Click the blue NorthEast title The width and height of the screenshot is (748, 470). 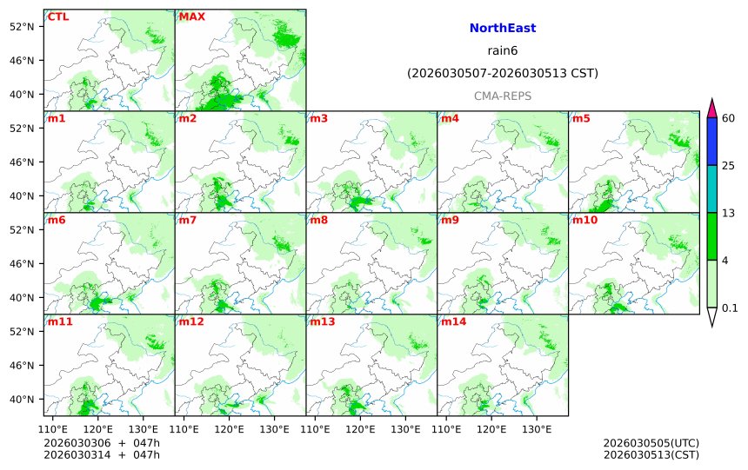pyautogui.click(x=502, y=29)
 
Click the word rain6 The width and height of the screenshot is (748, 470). pyautogui.click(x=502, y=51)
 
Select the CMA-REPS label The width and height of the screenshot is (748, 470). pyautogui.click(x=502, y=96)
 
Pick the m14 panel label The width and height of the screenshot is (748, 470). pyautogui.click(x=453, y=322)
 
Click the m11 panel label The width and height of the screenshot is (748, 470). pyautogui.click(x=60, y=322)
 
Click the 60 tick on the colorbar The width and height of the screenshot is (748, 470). pyautogui.click(x=729, y=118)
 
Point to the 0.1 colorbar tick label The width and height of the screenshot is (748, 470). pyautogui.click(x=730, y=308)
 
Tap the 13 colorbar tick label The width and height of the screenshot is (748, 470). pyautogui.click(x=729, y=213)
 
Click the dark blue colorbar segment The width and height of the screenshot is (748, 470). pyautogui.click(x=711, y=142)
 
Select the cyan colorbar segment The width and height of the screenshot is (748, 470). pyautogui.click(x=711, y=189)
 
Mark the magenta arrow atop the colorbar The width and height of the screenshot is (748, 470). pyautogui.click(x=711, y=109)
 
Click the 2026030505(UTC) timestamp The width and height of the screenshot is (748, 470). pyautogui.click(x=651, y=443)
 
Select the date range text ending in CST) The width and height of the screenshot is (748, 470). pyautogui.click(x=502, y=74)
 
